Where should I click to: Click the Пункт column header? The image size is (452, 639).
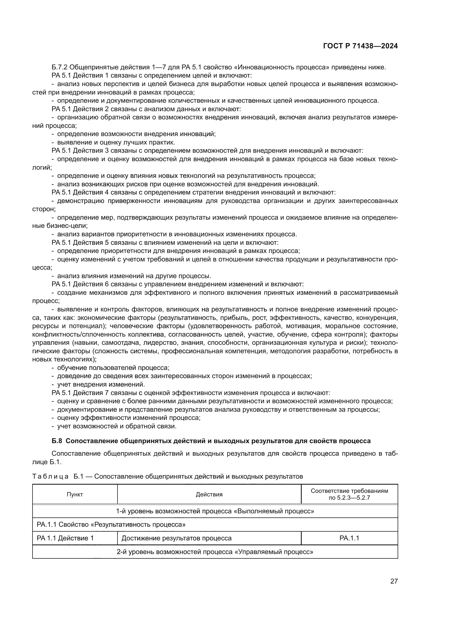click(x=75, y=494)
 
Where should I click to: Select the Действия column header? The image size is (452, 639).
click(x=209, y=494)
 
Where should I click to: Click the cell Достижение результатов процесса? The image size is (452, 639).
click(x=177, y=538)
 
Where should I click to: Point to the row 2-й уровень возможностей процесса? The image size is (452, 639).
click(x=215, y=552)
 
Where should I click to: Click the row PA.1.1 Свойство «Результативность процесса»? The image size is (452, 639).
click(x=111, y=525)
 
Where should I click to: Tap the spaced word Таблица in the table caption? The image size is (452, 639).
click(x=50, y=476)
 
